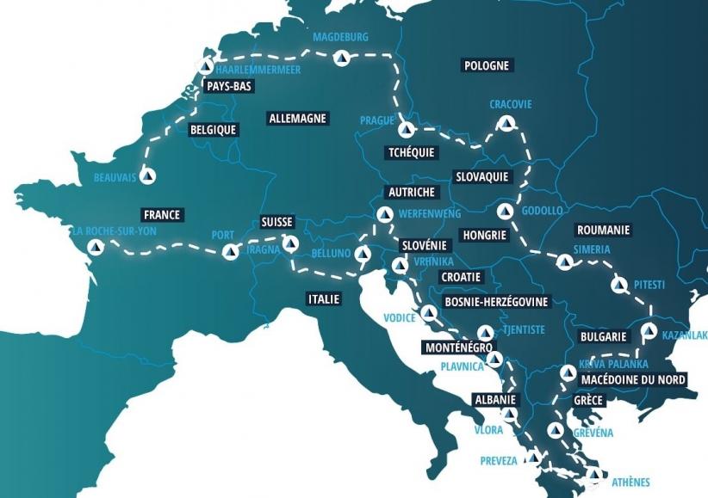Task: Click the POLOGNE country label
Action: click(x=488, y=65)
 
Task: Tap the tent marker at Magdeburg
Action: click(x=342, y=59)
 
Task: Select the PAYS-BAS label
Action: click(x=228, y=86)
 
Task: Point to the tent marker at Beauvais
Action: click(x=148, y=176)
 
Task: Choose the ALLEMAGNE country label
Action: click(x=297, y=118)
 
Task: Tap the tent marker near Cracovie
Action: click(x=506, y=123)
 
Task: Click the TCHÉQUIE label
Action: click(x=412, y=152)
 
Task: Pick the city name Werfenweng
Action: click(x=431, y=213)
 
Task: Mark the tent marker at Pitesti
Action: click(x=618, y=285)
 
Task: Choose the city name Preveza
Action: click(x=499, y=461)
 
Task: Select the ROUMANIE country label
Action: click(x=603, y=230)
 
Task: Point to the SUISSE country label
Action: click(x=277, y=222)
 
